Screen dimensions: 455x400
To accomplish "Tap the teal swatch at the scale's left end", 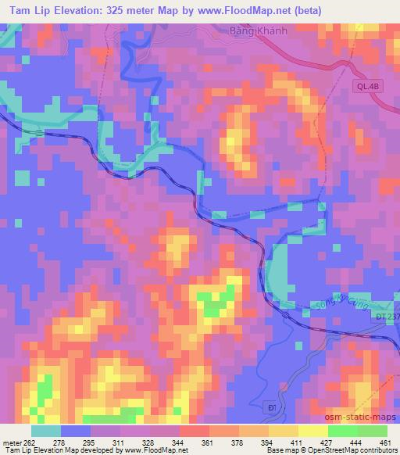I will click(47, 431).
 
